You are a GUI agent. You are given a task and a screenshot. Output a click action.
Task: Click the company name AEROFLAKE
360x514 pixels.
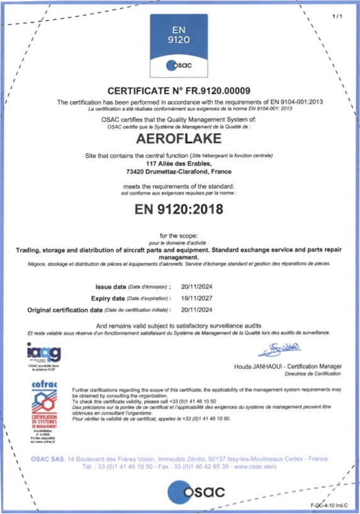[179, 138]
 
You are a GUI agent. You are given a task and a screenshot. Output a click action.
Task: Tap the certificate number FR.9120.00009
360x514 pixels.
[215, 91]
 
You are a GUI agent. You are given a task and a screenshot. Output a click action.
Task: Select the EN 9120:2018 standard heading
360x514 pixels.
[179, 210]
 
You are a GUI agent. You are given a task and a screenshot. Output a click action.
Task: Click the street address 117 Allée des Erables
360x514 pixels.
[179, 164]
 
